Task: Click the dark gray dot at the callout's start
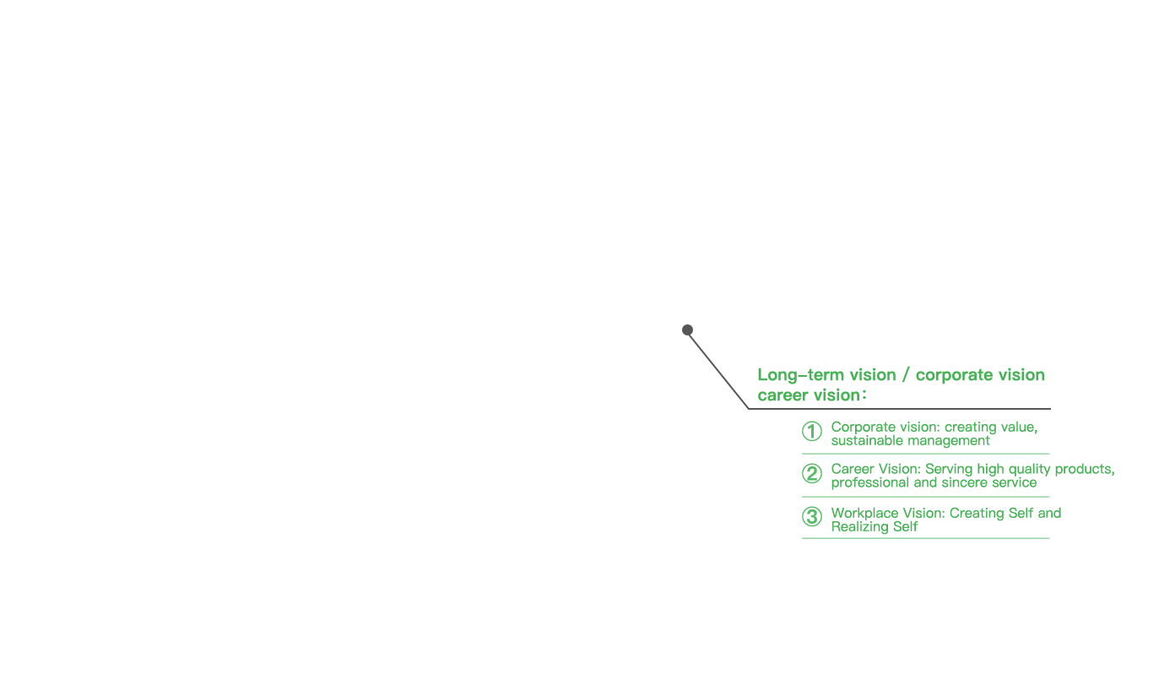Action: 687,329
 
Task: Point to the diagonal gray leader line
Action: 718,370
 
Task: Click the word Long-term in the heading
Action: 800,375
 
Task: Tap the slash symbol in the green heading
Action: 906,374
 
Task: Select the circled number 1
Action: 812,431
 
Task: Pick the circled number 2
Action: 812,473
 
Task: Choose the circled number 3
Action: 812,516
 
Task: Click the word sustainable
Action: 863,441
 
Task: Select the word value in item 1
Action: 1020,427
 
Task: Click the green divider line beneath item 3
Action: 926,538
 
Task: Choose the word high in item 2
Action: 988,470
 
